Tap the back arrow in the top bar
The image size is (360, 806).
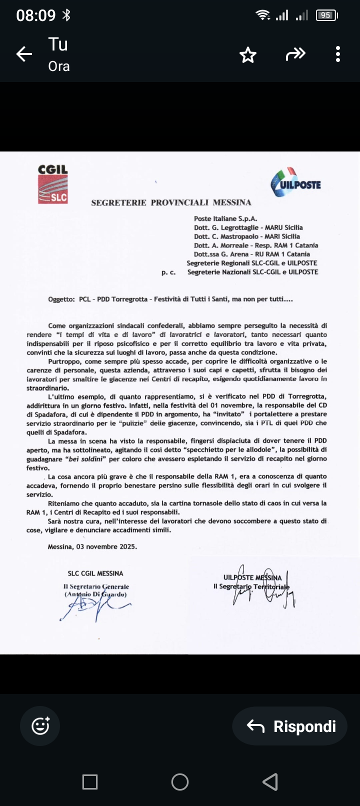click(x=24, y=54)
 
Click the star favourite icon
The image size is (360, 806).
click(x=248, y=54)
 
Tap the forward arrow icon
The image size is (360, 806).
click(x=295, y=54)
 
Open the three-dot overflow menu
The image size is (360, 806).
click(x=338, y=54)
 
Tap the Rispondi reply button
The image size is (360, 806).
click(x=290, y=726)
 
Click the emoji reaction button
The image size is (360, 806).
click(x=40, y=726)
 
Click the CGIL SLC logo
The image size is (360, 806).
click(x=52, y=184)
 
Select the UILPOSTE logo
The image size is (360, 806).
click(x=296, y=183)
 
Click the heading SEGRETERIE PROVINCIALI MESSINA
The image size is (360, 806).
click(x=171, y=202)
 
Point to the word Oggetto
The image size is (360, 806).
click(x=61, y=299)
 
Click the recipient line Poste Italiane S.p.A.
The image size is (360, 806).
click(x=225, y=218)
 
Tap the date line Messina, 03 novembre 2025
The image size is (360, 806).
click(x=92, y=546)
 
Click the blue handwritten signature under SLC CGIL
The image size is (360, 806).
click(x=92, y=607)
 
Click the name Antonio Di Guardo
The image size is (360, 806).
click(x=95, y=594)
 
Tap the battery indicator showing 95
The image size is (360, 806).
click(x=326, y=15)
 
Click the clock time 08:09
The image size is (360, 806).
click(x=35, y=15)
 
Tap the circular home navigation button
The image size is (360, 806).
click(x=180, y=781)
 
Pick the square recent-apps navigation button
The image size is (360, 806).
click(x=90, y=781)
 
